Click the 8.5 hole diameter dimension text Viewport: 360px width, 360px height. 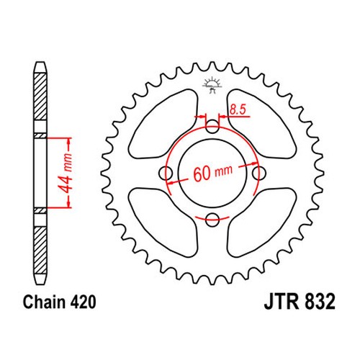(x=238, y=109)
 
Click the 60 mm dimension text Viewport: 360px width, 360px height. (x=213, y=173)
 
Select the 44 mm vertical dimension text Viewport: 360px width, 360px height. (x=66, y=173)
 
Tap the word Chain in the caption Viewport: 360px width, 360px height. (x=44, y=302)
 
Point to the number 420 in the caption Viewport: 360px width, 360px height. (x=83, y=302)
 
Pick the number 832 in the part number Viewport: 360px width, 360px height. (x=320, y=302)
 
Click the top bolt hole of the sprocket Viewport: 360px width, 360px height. (x=212, y=127)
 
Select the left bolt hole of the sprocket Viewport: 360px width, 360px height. (x=166, y=173)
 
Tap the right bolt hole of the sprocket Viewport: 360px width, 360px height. (x=259, y=173)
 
